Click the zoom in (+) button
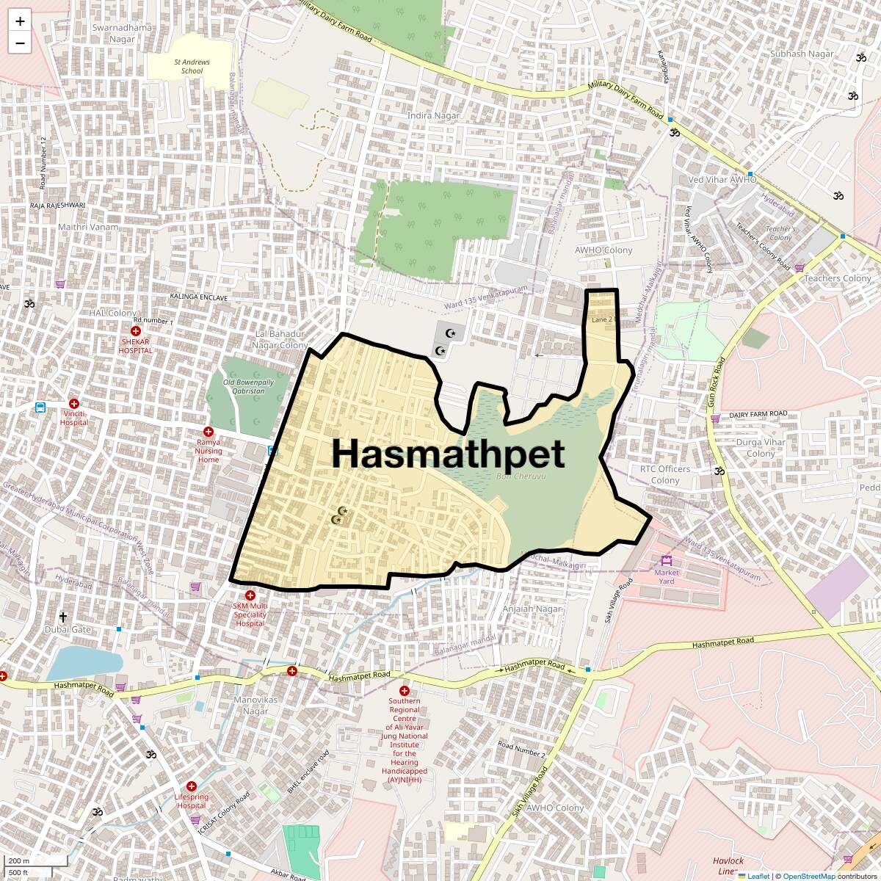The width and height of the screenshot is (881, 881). pyautogui.click(x=20, y=21)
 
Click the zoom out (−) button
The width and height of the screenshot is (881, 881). pyautogui.click(x=20, y=43)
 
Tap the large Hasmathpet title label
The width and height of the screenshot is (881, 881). pyautogui.click(x=448, y=453)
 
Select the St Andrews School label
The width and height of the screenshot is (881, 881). pyautogui.click(x=192, y=66)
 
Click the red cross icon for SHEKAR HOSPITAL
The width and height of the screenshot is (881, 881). pyautogui.click(x=136, y=332)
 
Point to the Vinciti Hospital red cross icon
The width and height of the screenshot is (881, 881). pyautogui.click(x=73, y=404)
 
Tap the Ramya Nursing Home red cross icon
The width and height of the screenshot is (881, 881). pyautogui.click(x=209, y=432)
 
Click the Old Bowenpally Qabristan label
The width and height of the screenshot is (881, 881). pyautogui.click(x=248, y=386)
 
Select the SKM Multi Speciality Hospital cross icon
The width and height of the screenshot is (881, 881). pyautogui.click(x=250, y=595)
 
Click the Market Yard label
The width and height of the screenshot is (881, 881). pyautogui.click(x=667, y=576)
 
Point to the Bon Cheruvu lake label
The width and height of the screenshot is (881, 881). pyautogui.click(x=521, y=476)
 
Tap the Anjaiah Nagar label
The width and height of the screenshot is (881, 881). pyautogui.click(x=532, y=609)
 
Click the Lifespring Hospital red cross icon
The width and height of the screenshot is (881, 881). pyautogui.click(x=192, y=786)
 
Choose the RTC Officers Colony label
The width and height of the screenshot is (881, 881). pyautogui.click(x=665, y=474)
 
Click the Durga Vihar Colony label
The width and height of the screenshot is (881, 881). pyautogui.click(x=761, y=448)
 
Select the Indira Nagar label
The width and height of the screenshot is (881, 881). pyautogui.click(x=434, y=115)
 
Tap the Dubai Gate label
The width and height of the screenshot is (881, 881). pyautogui.click(x=68, y=629)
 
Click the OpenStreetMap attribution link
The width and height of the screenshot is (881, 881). pyautogui.click(x=808, y=876)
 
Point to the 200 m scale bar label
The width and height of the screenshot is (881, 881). pyautogui.click(x=19, y=861)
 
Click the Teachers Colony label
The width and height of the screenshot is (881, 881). pyautogui.click(x=837, y=278)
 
